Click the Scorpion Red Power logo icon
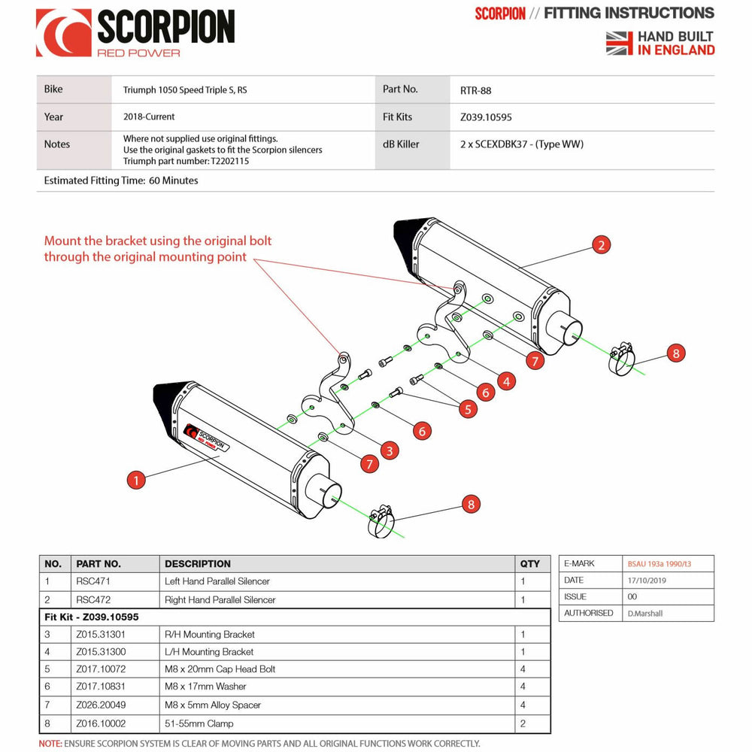(x=64, y=32)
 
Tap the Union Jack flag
(x=620, y=43)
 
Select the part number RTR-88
(x=475, y=89)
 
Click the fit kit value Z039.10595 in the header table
(x=486, y=117)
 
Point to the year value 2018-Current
(x=149, y=117)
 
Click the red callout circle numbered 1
(x=135, y=480)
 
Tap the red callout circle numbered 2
(x=600, y=244)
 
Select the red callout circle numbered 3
(x=389, y=450)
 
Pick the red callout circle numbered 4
(x=507, y=381)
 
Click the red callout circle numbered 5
(x=468, y=409)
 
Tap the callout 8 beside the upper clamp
(x=675, y=353)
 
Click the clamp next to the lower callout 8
(x=382, y=521)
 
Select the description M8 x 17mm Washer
(x=205, y=687)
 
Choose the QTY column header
(x=529, y=563)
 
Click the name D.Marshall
(x=646, y=613)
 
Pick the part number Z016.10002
(x=102, y=723)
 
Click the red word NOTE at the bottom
(x=50, y=744)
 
